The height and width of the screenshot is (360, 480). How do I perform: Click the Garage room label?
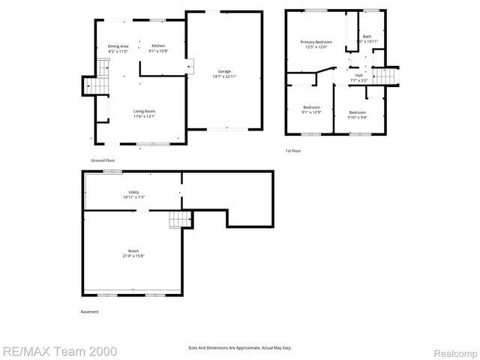click(x=224, y=70)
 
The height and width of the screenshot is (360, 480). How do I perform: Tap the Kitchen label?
click(x=158, y=46)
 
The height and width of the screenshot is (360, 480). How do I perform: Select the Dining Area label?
click(x=118, y=46)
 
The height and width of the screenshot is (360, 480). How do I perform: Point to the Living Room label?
click(x=144, y=111)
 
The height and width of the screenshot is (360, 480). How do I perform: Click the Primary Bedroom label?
click(x=316, y=42)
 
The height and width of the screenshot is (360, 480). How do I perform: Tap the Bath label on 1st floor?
click(x=367, y=37)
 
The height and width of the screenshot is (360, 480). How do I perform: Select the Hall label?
click(x=358, y=75)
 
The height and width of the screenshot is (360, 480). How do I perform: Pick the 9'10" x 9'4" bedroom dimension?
click(x=356, y=116)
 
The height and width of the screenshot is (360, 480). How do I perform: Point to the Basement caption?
click(x=89, y=311)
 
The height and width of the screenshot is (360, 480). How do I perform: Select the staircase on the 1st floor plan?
click(x=384, y=76)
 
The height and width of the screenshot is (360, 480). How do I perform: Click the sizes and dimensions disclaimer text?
click(x=239, y=347)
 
